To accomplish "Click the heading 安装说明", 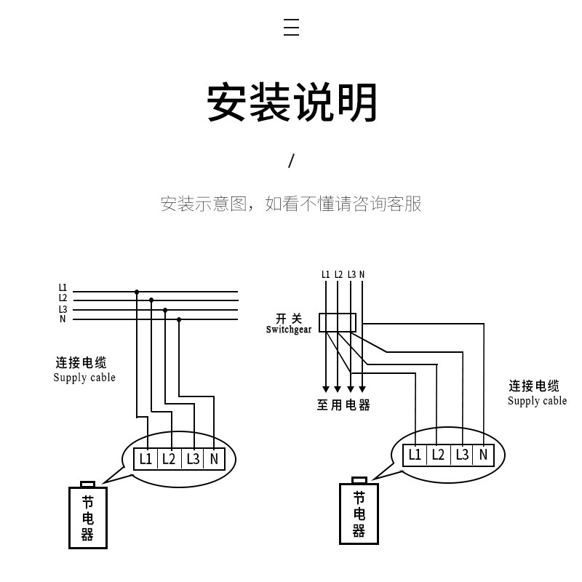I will coord(292,103).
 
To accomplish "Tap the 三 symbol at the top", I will coord(291,28).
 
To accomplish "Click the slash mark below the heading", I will coord(291,161).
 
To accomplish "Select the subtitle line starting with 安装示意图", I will coord(291,204).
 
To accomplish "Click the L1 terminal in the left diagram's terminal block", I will coord(145,459).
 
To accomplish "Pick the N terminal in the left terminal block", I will coord(214,459).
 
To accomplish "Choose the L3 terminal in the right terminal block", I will coord(462,455).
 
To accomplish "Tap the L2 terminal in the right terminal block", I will coord(438,455).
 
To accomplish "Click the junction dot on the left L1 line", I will coord(136,292).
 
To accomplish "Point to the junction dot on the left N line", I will coord(179,319).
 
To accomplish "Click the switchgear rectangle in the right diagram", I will coord(338,322).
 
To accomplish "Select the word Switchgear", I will coord(289,330).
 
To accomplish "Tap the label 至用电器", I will coord(343,405).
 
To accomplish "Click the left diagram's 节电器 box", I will coord(87,517).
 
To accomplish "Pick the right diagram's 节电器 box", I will coord(359,514).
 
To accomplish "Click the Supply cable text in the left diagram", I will coord(84,378).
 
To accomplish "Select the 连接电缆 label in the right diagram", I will coord(533,386).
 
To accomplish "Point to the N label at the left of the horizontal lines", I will coord(63,319).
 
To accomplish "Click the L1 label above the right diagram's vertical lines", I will coord(325,274).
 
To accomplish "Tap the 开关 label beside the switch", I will coord(289,319).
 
